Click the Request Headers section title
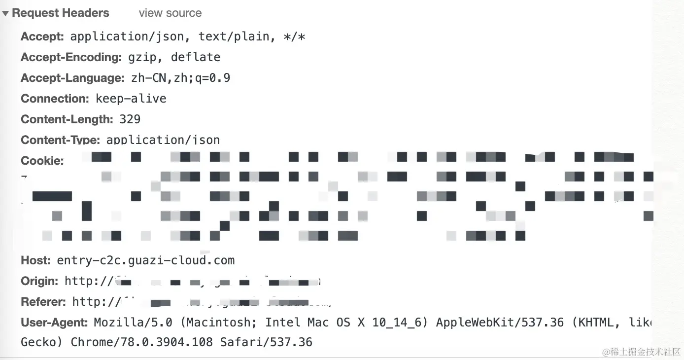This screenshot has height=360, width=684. point(60,13)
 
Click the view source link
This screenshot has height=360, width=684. point(170,13)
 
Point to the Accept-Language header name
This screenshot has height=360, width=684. point(72,78)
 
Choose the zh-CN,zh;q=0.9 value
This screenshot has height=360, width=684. point(180,78)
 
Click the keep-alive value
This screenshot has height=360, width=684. point(131,99)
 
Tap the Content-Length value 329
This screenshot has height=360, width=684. point(130,119)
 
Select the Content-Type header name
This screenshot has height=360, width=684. point(61,140)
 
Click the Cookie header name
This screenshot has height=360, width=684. point(42,161)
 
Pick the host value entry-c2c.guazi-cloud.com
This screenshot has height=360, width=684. point(146,260)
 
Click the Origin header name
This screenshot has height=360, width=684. point(39,281)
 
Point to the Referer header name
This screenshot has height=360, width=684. point(43,302)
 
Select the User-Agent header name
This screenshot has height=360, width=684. point(54,323)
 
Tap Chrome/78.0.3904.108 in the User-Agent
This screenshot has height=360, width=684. point(142,342)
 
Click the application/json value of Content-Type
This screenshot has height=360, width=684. point(163,140)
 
